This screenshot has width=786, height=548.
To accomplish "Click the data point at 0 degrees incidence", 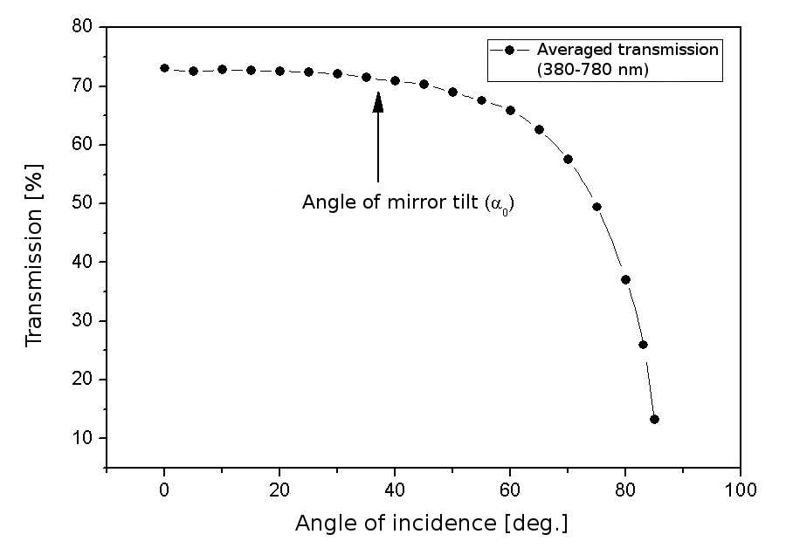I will pyautogui.click(x=164, y=68).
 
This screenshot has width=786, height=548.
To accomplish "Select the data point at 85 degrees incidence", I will pyautogui.click(x=654, y=419).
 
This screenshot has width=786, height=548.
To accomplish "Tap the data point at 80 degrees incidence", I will pyautogui.click(x=625, y=279).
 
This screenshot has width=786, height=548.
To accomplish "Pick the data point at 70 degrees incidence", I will pyautogui.click(x=568, y=159).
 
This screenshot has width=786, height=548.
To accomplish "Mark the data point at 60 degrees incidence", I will pyautogui.click(x=510, y=110).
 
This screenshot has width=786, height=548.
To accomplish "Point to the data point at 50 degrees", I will pyautogui.click(x=452, y=92).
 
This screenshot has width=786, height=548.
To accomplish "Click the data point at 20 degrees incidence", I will pyautogui.click(x=279, y=71).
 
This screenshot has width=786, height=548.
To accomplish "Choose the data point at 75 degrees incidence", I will pyautogui.click(x=596, y=207).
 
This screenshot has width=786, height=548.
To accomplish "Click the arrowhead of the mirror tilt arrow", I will pyautogui.click(x=378, y=101).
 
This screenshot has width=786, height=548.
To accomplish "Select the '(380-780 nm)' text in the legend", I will pyautogui.click(x=593, y=71).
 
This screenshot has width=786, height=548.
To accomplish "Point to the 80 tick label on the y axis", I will pyautogui.click(x=82, y=27).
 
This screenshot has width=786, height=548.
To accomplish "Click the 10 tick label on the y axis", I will pyautogui.click(x=82, y=437).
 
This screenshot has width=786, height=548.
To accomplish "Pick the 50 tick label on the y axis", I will pyautogui.click(x=82, y=203).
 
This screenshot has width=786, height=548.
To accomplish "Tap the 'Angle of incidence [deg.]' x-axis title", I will pyautogui.click(x=431, y=524).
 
